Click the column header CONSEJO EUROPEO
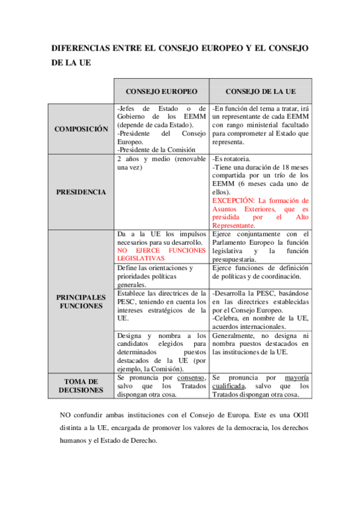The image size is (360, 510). coord(161,91)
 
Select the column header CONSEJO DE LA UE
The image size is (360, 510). coord(260,91)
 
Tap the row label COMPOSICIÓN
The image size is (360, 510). coord(81,129)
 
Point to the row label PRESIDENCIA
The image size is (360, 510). coord(81,192)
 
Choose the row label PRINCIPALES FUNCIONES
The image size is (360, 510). coord(81,301)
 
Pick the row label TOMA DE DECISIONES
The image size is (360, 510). coord(81,386)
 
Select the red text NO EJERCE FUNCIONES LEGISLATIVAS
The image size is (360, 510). coord(160,253)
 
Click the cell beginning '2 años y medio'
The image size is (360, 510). coord(160,163)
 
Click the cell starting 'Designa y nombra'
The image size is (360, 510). coord(160,351)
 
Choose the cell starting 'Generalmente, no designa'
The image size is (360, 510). coord(260,343)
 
